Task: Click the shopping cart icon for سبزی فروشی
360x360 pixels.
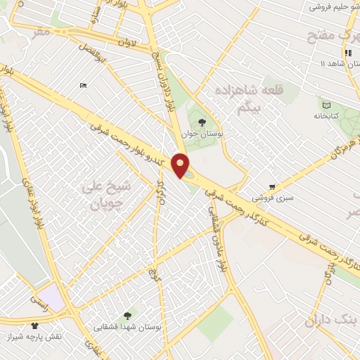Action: coord(271,187)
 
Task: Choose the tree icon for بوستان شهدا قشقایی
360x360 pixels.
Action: coord(127,316)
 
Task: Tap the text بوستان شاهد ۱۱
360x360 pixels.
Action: coord(320,64)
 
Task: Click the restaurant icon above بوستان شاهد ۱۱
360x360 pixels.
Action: coord(347,53)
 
